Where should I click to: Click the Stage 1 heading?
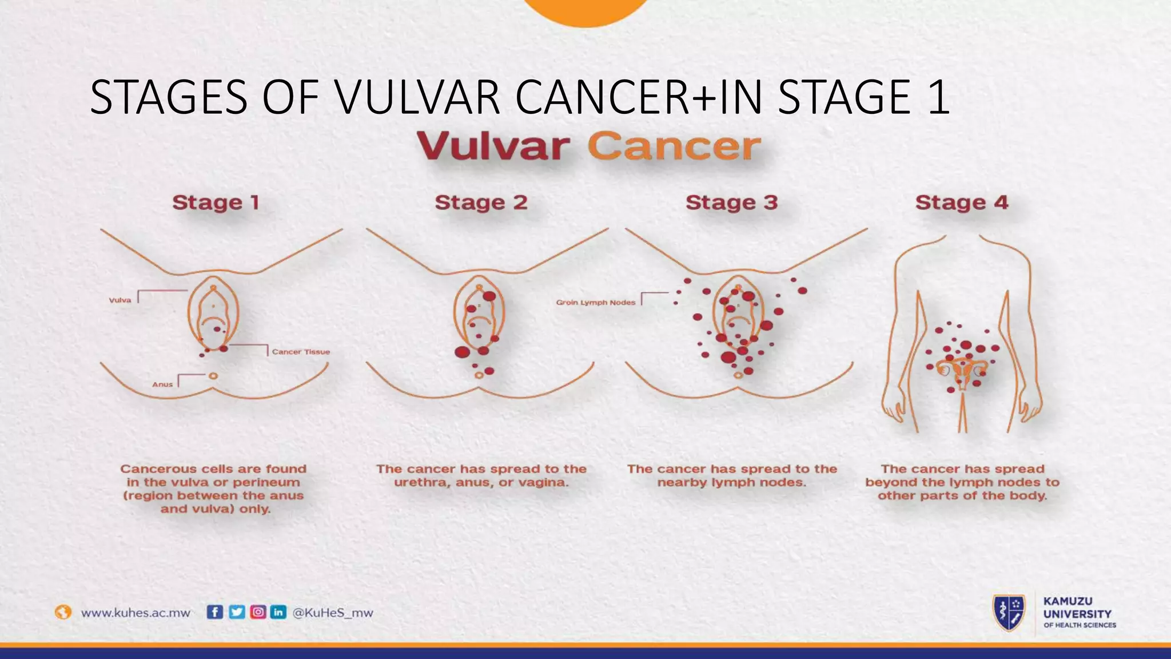216,203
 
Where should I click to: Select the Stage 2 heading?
481,203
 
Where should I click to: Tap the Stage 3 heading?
731,203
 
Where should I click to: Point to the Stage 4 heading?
961,203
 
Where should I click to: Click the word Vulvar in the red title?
493,146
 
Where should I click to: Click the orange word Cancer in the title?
675,146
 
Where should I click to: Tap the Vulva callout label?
120,300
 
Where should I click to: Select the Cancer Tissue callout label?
301,352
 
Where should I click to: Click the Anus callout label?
162,384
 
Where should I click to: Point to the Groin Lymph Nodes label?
595,303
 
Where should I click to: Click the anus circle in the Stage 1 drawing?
213,376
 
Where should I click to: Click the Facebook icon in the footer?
214,612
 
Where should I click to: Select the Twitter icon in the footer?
236,612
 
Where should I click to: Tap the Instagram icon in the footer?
258,612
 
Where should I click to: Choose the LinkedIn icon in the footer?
278,612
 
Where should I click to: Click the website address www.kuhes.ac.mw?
136,613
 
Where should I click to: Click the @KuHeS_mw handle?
332,613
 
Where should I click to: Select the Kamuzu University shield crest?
1009,613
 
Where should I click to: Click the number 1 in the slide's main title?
939,97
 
